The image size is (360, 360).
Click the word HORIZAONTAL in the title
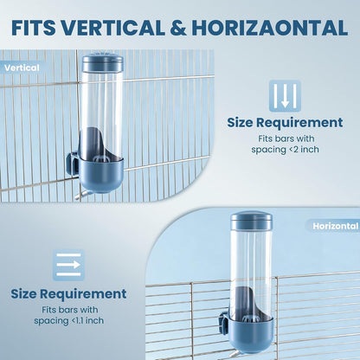[269, 28]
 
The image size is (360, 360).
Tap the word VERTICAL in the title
[112, 28]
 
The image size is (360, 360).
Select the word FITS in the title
[34, 28]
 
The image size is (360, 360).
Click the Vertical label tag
[22, 67]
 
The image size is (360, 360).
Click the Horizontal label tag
[335, 226]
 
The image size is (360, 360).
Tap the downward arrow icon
[285, 96]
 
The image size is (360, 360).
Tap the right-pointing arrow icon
[68, 265]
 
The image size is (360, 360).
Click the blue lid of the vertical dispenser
[103, 63]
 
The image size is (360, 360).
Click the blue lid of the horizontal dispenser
[251, 221]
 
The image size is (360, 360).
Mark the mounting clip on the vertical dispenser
[72, 164]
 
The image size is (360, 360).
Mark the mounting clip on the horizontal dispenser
[223, 323]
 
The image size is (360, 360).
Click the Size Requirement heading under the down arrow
[285, 122]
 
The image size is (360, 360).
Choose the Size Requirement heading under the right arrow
[68, 293]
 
